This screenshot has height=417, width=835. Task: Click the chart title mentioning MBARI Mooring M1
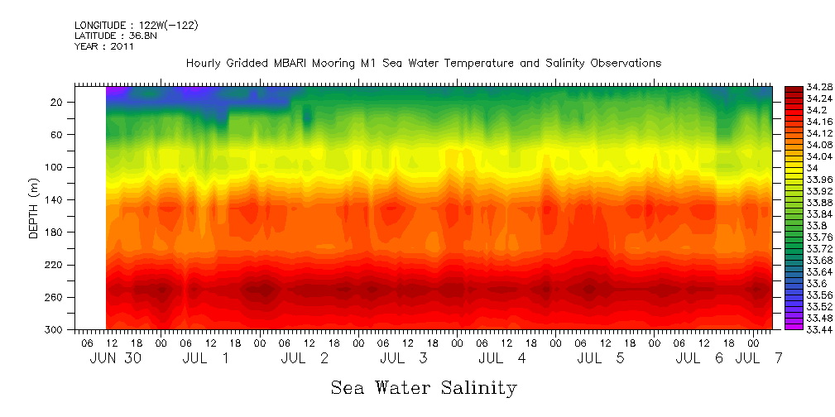coord(423,63)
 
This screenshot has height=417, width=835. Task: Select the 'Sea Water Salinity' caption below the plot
coord(424,388)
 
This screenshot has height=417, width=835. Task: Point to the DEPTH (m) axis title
coord(34,212)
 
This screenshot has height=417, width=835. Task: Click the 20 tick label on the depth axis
coord(58,102)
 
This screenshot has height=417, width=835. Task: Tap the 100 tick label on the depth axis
coord(55,167)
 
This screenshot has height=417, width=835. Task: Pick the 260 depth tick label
coord(55,297)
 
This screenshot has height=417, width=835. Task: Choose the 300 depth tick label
coord(55,329)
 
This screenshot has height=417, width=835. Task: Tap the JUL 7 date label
coord(759,358)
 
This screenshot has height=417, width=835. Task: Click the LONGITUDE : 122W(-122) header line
coord(136,26)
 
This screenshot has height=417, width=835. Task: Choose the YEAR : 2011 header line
coord(103,47)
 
